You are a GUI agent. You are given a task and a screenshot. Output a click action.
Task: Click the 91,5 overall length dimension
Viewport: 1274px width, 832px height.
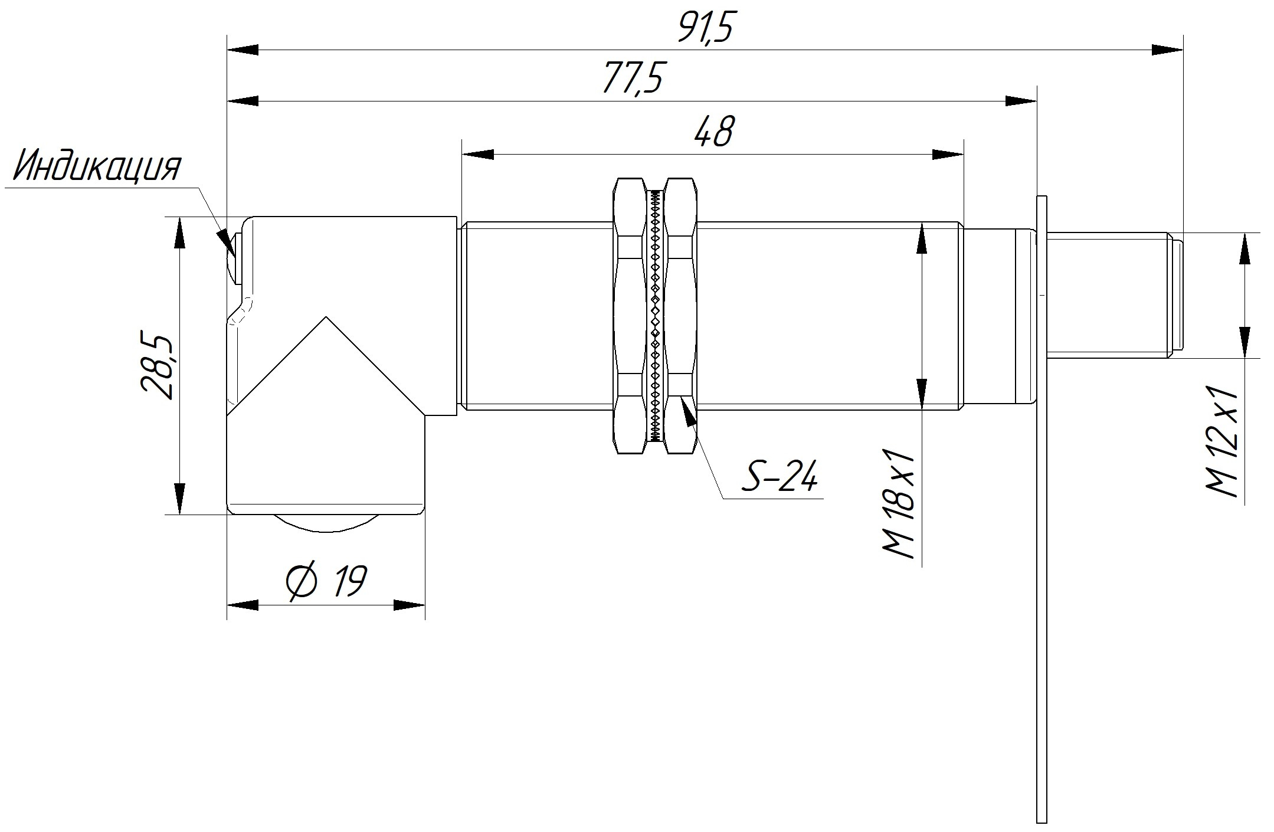(706, 28)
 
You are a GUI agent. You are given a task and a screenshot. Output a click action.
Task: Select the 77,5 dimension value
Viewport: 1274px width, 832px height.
(632, 78)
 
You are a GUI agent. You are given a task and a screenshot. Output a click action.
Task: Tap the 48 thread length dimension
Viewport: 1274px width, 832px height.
(713, 130)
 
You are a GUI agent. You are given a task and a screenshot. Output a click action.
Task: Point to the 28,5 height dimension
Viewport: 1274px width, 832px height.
(158, 368)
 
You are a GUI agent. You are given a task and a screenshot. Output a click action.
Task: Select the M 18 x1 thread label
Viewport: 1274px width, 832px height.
(899, 505)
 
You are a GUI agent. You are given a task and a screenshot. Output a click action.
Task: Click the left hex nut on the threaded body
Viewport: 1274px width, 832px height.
(630, 315)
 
